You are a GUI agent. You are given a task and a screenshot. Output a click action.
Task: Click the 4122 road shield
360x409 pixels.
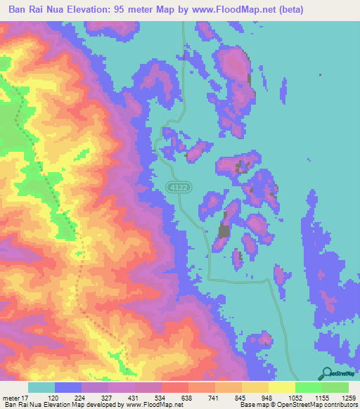point(176,186)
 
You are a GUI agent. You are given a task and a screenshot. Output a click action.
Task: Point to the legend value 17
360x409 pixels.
point(25,397)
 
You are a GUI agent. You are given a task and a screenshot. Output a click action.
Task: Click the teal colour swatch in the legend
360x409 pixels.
point(41,387)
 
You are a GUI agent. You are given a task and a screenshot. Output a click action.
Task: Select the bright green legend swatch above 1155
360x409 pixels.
point(309,387)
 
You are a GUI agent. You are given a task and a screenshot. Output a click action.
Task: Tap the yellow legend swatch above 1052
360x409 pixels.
point(282,387)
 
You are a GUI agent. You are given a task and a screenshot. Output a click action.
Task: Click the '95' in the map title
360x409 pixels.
point(139,9)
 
